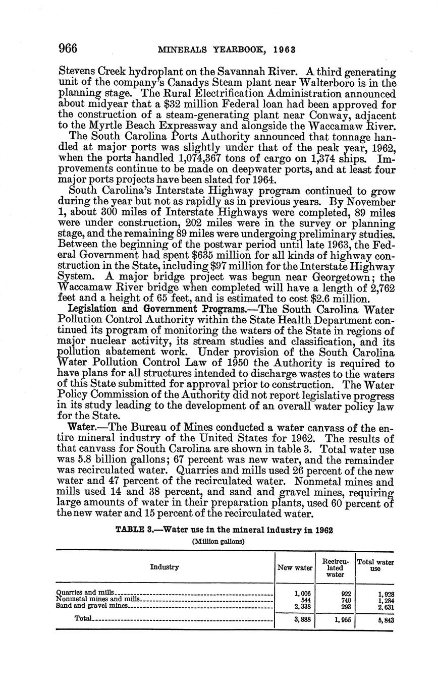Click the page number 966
[x=68, y=48]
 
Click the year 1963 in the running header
[x=284, y=50]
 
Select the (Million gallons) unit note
[x=218, y=541]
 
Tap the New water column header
[x=295, y=567]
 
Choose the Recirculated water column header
[x=335, y=567]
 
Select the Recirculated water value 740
[x=346, y=600]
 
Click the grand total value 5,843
[x=385, y=621]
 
